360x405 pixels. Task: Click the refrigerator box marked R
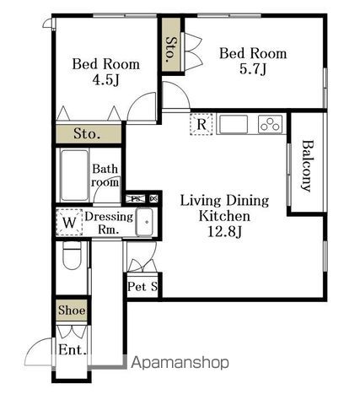click(x=201, y=124)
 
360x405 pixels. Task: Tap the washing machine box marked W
click(x=69, y=222)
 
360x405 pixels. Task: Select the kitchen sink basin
click(x=234, y=124)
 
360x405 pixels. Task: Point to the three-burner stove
click(x=270, y=124)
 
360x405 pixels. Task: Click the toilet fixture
click(x=72, y=256)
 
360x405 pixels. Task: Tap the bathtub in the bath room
click(x=74, y=175)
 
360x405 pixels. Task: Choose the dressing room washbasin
click(x=144, y=222)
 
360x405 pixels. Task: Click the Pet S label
click(x=142, y=287)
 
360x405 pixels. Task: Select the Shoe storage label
click(x=72, y=310)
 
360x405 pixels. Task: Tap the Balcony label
click(x=308, y=166)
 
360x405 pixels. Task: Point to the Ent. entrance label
click(x=73, y=350)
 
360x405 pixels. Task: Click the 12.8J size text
click(x=225, y=232)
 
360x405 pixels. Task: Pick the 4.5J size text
click(x=106, y=80)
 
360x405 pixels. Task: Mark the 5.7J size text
click(x=253, y=69)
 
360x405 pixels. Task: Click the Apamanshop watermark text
click(x=180, y=363)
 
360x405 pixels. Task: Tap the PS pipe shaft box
click(x=136, y=199)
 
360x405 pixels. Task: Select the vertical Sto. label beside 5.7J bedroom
click(x=170, y=50)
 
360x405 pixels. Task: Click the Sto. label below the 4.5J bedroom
click(x=87, y=133)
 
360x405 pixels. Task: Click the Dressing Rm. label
click(x=109, y=223)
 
